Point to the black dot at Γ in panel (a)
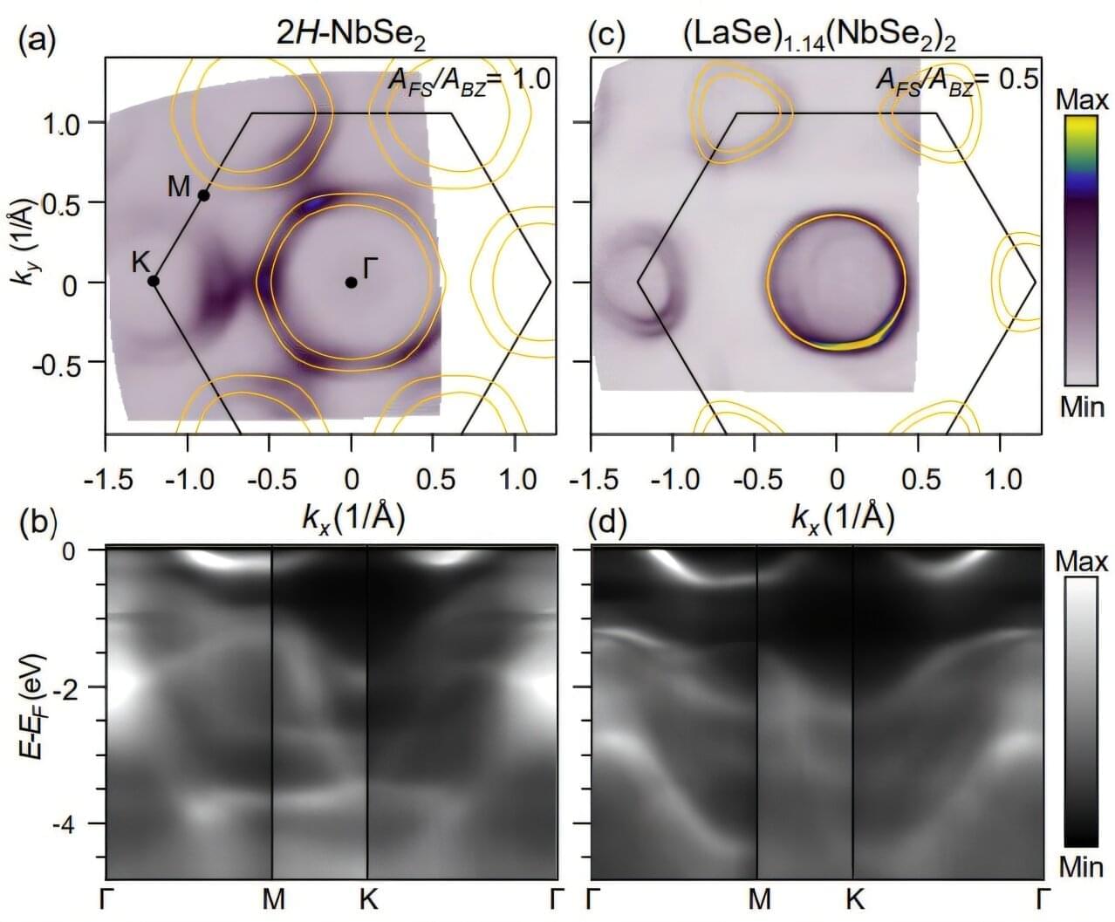coord(351,282)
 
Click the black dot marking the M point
coord(204,195)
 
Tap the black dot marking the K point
coord(154,281)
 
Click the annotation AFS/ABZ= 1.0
coord(469,81)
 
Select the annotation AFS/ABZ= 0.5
coord(957,81)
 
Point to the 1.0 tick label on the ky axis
coord(61,123)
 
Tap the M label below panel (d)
coord(760,899)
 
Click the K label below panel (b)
coord(368,899)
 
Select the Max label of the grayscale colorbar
coord(1081,562)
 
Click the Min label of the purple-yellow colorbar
coord(1082,406)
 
